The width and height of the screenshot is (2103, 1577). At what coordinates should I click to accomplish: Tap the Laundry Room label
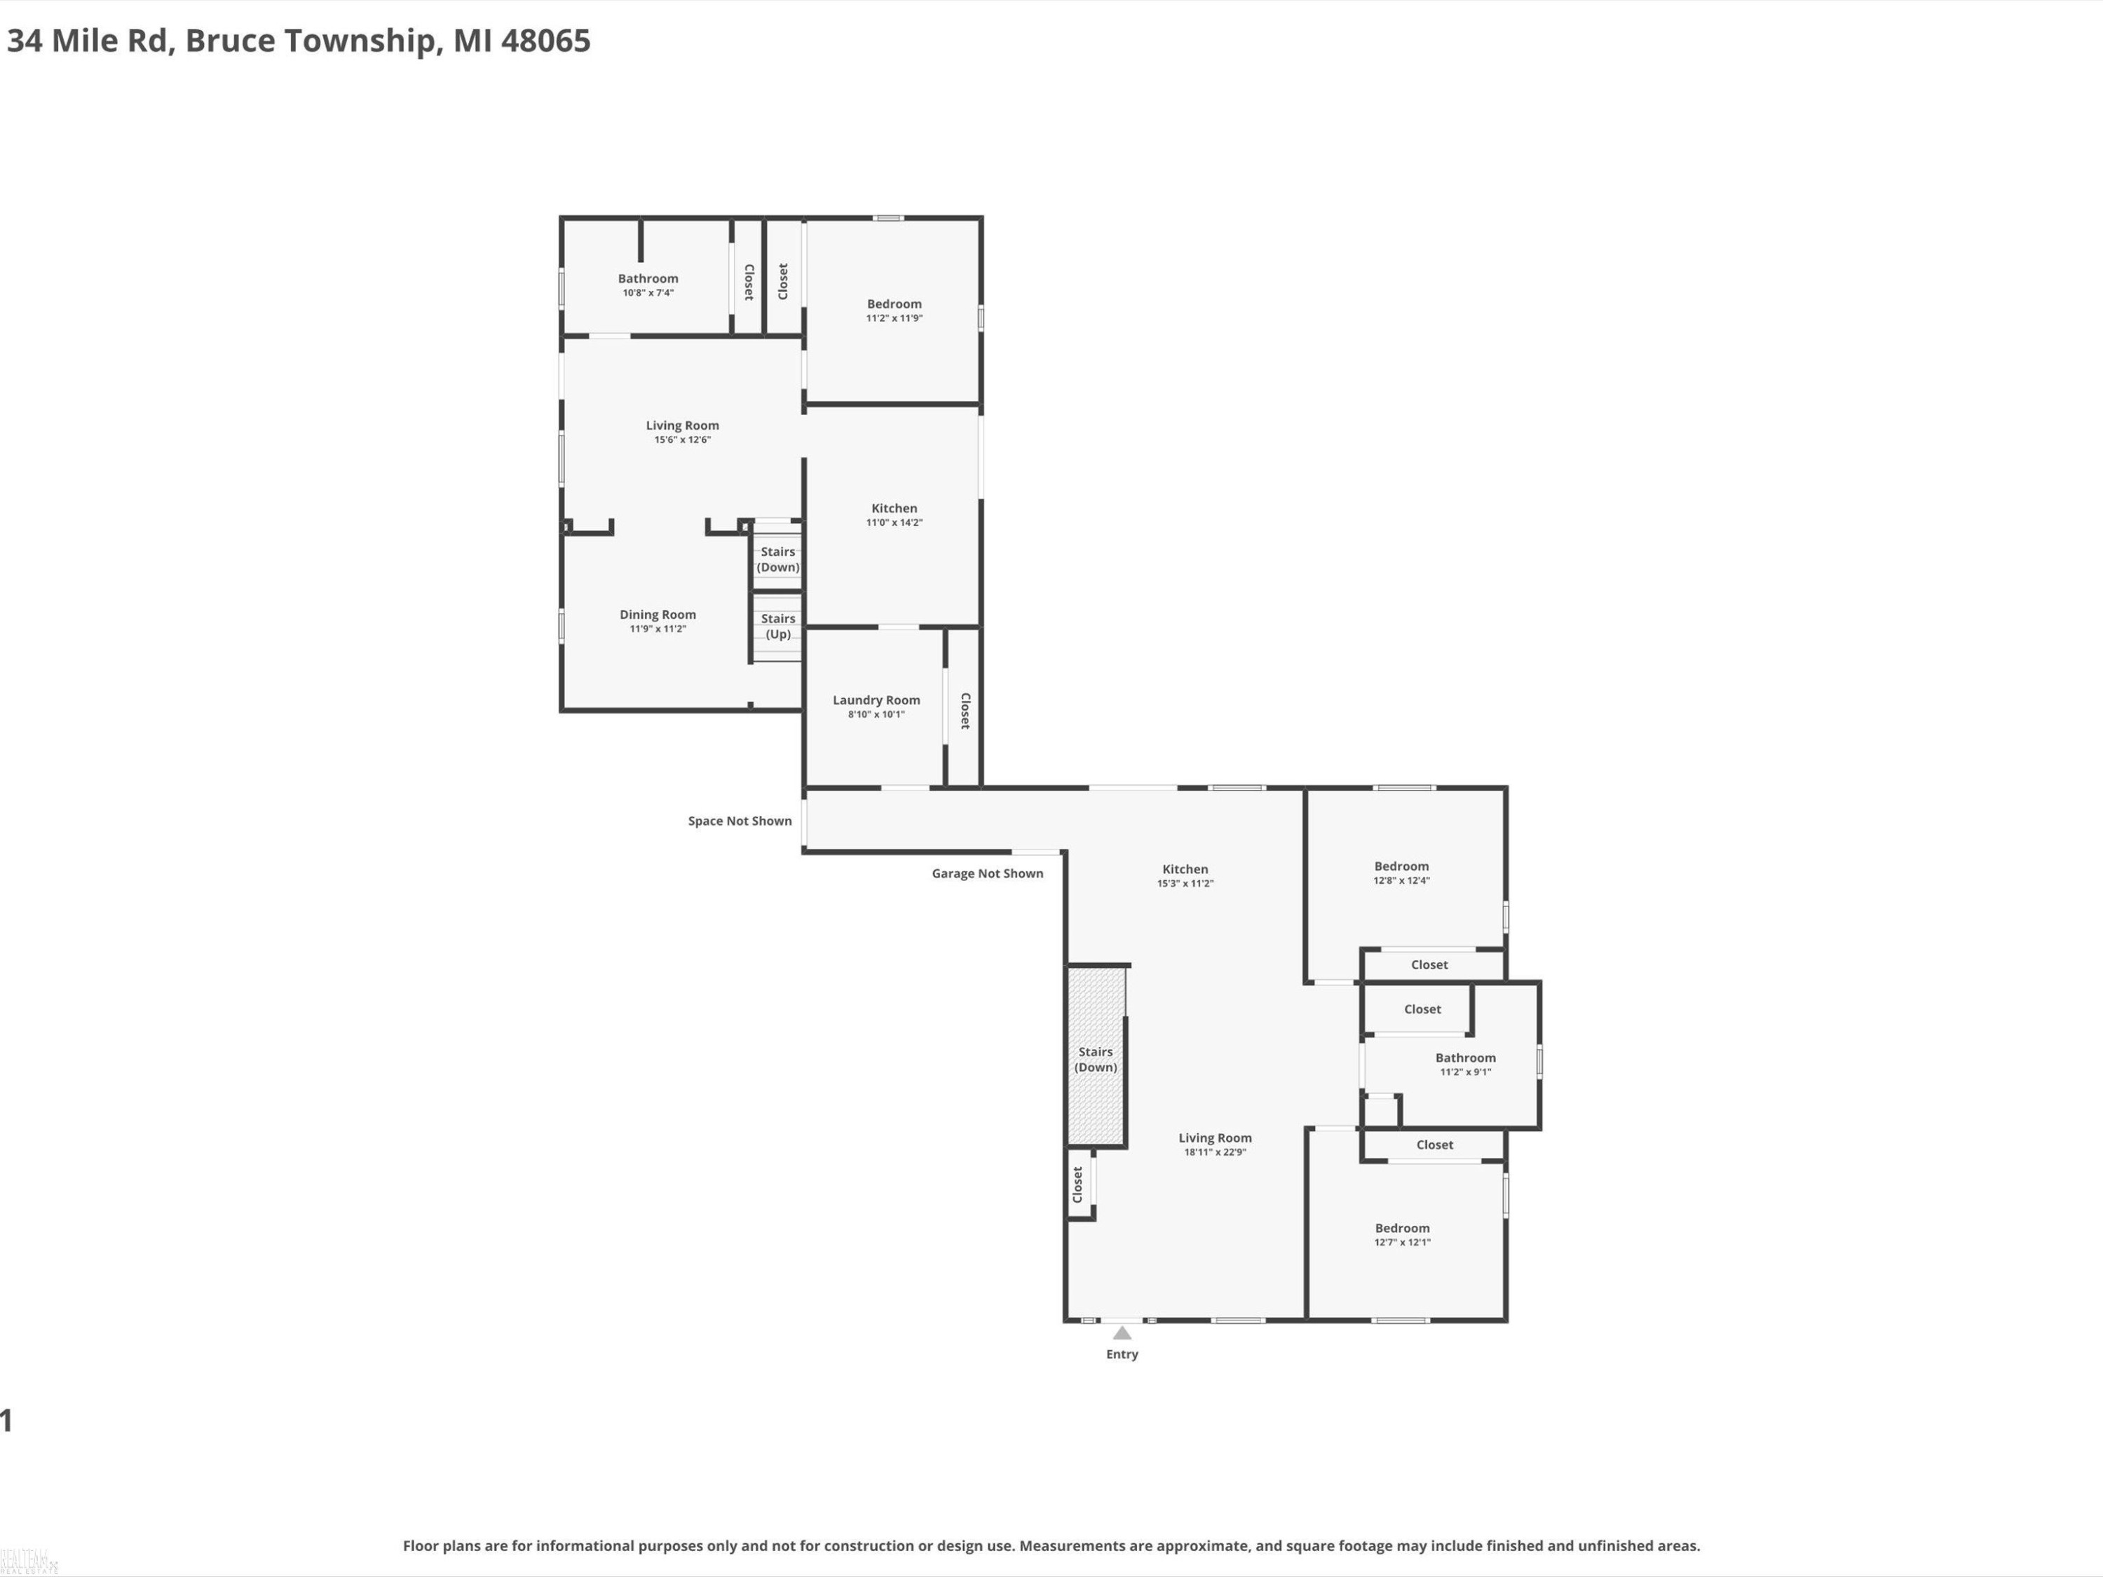pyautogui.click(x=876, y=699)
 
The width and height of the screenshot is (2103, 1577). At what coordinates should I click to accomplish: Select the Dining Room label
pyautogui.click(x=658, y=614)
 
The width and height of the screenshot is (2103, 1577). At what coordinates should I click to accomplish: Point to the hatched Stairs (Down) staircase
pyautogui.click(x=1096, y=1055)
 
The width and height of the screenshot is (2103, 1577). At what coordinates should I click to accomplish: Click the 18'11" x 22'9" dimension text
pyautogui.click(x=1215, y=1152)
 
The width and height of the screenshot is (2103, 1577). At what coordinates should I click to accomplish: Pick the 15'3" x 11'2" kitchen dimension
pyautogui.click(x=1185, y=883)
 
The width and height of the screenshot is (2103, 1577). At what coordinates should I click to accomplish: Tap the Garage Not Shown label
pyautogui.click(x=987, y=873)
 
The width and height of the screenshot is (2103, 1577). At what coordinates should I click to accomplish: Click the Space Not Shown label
pyautogui.click(x=740, y=820)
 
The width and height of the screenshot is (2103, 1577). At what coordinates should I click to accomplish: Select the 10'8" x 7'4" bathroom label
pyautogui.click(x=648, y=293)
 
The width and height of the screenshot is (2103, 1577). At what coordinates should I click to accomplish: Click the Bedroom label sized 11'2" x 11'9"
pyautogui.click(x=894, y=304)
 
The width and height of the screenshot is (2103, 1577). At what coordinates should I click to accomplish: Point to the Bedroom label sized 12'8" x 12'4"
pyautogui.click(x=1401, y=866)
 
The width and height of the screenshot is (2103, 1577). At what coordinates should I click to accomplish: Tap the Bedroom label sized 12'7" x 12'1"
pyautogui.click(x=1402, y=1228)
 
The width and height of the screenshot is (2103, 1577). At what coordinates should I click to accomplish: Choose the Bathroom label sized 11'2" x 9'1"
pyautogui.click(x=1465, y=1058)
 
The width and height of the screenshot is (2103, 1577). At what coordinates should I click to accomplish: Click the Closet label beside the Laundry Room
pyautogui.click(x=965, y=710)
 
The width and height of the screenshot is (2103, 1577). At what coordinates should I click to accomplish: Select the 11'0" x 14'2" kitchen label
pyautogui.click(x=894, y=522)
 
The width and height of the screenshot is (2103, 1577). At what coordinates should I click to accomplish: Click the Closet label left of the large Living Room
pyautogui.click(x=1077, y=1185)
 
